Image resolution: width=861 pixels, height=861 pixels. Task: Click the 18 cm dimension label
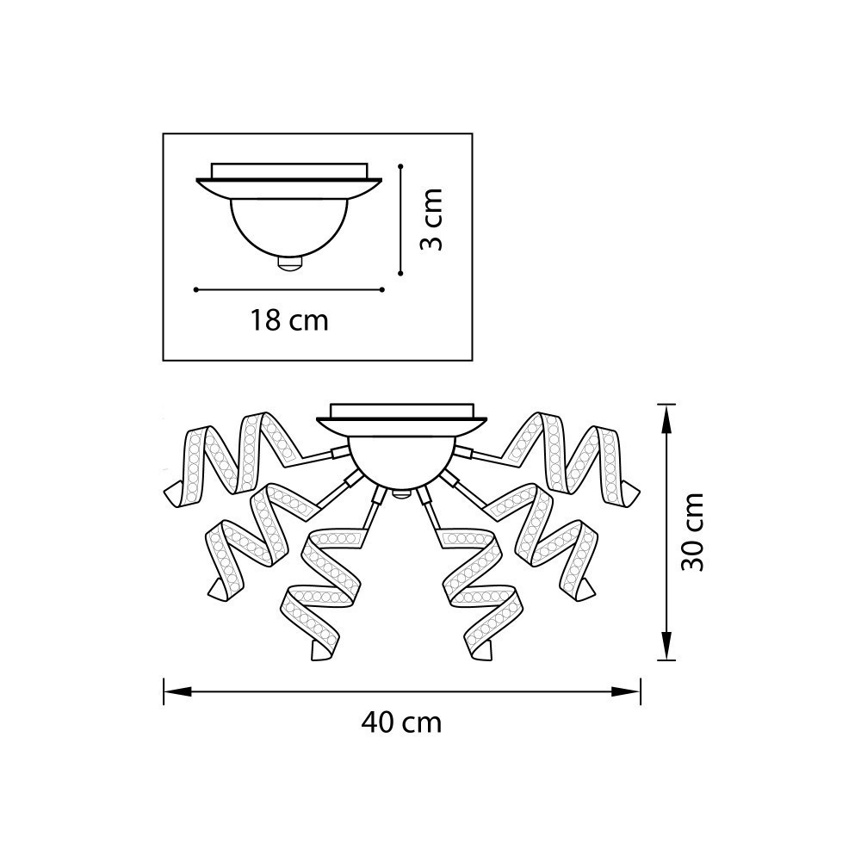pos(289,320)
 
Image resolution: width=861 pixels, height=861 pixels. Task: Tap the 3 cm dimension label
pos(431,219)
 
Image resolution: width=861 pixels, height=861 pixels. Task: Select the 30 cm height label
pos(692,531)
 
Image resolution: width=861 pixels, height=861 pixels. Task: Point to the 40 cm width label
pos(401,723)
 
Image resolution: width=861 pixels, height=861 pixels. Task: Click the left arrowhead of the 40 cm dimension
pos(177,691)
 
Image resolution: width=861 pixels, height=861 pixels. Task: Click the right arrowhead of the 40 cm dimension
pos(627,691)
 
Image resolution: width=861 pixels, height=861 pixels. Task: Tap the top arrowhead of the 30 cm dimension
pos(666,418)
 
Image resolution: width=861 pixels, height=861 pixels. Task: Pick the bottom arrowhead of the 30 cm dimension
pos(666,646)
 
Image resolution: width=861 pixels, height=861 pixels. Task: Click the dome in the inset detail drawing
pos(289,228)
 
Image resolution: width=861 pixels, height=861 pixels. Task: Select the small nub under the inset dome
pos(290,264)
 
